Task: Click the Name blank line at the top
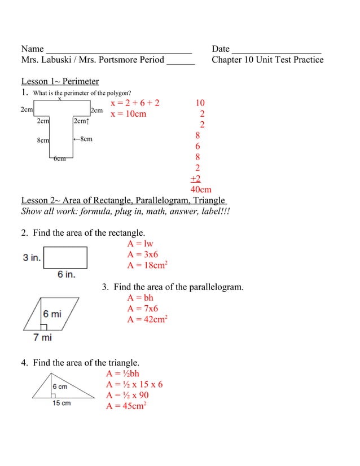point(118,50)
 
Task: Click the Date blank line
point(276,50)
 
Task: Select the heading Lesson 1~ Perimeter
point(60,81)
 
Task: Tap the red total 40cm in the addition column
point(201,190)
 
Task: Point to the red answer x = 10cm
point(128,114)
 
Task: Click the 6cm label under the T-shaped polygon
point(59,159)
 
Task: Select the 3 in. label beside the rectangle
point(32,258)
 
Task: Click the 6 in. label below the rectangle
point(65,275)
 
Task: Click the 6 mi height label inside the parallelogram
point(52,314)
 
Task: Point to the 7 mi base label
point(42,337)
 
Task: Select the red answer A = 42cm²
point(148,319)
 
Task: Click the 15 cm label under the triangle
point(62,403)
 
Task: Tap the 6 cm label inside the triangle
point(60,386)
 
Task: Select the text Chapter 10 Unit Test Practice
point(267,60)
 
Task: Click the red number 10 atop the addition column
point(200,103)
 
